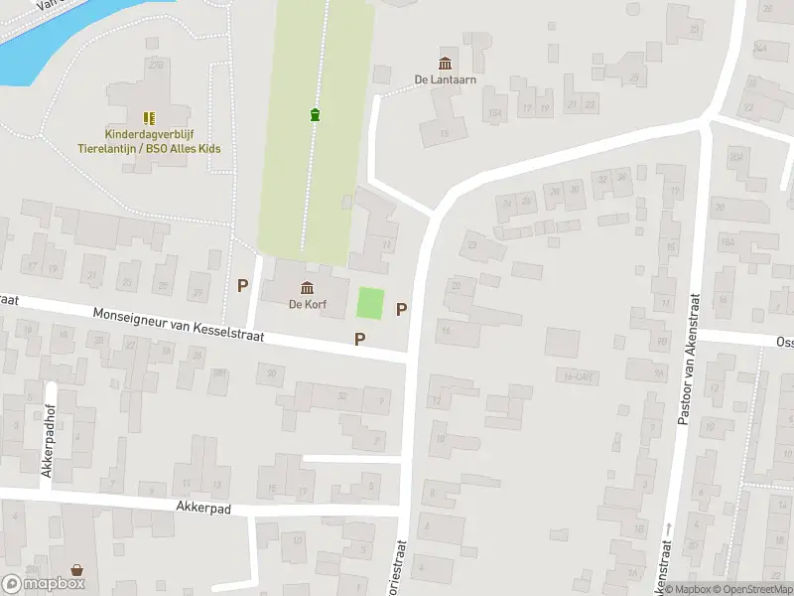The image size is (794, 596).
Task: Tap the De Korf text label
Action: (x=308, y=305)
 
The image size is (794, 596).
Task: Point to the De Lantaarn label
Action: (x=443, y=79)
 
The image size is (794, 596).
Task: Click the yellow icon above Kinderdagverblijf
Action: (x=149, y=118)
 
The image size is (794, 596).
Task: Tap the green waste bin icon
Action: (x=315, y=114)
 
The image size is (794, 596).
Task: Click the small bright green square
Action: (x=369, y=303)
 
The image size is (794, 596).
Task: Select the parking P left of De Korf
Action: (x=242, y=286)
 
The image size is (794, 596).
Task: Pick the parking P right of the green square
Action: (x=401, y=309)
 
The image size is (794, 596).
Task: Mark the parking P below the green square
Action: (x=360, y=339)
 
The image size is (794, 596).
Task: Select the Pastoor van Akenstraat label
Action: (x=684, y=358)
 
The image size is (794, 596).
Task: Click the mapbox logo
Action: (x=44, y=584)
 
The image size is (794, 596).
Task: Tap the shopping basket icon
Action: (x=77, y=570)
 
